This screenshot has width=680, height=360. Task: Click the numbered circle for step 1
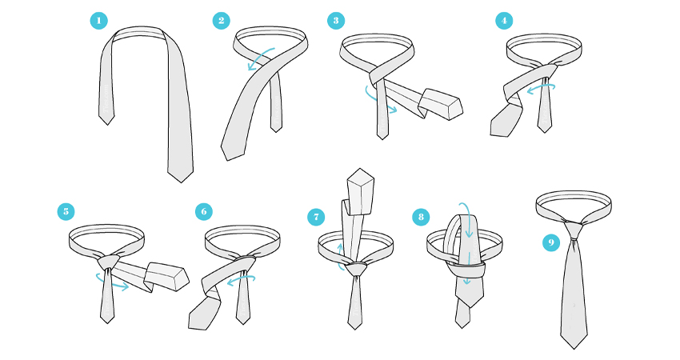(x=99, y=20)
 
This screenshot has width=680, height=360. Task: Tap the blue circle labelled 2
(x=221, y=20)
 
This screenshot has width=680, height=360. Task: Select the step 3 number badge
(x=336, y=20)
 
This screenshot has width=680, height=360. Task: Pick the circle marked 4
(x=504, y=20)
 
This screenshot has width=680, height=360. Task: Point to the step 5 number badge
(x=66, y=212)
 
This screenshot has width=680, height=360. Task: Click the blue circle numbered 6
(x=204, y=212)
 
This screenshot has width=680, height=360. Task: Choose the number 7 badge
(x=316, y=217)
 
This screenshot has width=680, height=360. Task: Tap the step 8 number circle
(x=421, y=217)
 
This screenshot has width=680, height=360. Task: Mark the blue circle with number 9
(x=551, y=242)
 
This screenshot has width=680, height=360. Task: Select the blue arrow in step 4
(x=541, y=88)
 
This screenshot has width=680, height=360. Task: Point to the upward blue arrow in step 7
(x=340, y=256)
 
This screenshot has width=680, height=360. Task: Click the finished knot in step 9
(x=574, y=230)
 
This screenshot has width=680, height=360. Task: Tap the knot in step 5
(x=107, y=262)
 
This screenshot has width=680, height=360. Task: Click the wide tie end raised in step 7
(x=360, y=192)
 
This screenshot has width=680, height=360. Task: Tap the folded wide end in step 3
(x=441, y=104)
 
